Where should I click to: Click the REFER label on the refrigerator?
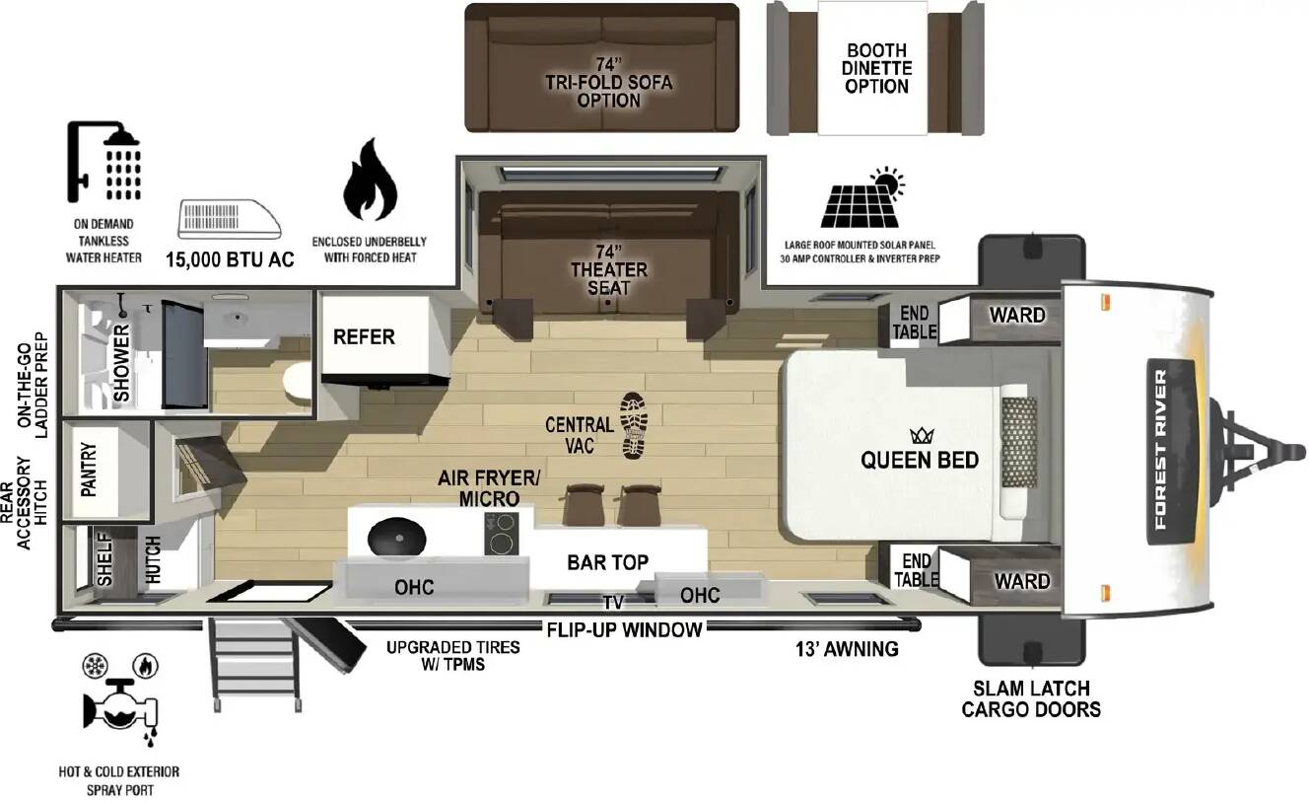pos(364,336)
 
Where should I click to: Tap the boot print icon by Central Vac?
pos(634,425)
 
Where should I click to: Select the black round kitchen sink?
pos(397,536)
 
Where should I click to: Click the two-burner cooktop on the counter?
pos(502,534)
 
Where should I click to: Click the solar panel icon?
pos(862,197)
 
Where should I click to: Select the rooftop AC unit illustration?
pos(229,219)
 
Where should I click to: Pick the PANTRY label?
pos(89,470)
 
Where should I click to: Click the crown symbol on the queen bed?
pos(922,435)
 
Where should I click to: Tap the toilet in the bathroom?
pos(298,381)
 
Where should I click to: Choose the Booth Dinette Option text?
pos(876,68)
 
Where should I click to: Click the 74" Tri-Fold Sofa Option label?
pos(609,83)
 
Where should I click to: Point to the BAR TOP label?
pos(608,562)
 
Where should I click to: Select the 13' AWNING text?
pos(847,648)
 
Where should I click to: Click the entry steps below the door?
pos(256,664)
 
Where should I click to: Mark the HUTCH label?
pos(153,560)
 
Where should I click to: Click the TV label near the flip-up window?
pos(613,602)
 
